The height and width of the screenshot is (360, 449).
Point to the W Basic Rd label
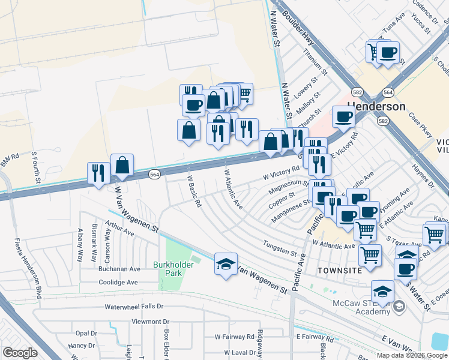coord(193,191)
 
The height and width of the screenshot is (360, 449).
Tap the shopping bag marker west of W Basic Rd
coord(122,166)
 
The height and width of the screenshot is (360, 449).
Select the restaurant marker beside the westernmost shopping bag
coord(98,173)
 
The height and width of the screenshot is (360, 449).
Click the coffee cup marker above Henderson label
coord(343,116)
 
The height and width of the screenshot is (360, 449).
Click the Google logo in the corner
coord(20,353)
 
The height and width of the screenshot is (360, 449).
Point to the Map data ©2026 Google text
coord(412,355)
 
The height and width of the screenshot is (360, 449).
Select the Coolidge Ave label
coord(118,282)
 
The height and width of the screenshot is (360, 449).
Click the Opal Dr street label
coord(86,333)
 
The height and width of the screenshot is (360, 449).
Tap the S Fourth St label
coord(35,167)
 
